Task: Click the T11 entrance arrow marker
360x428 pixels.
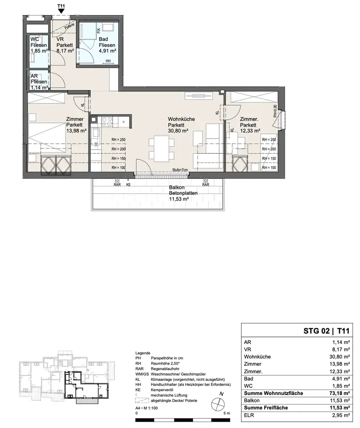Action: pos(61,12)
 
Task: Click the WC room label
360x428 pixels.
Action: pos(35,40)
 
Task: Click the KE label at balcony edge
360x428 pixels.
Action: pos(128,184)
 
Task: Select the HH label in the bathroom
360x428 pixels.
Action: pos(108,61)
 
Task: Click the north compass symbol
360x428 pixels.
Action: pos(218,403)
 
